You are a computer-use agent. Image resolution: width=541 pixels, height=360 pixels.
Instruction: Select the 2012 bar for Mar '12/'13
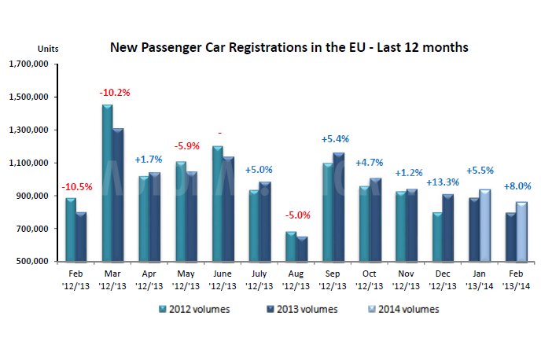click(x=106, y=183)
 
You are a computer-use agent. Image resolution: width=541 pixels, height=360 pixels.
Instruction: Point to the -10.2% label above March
click(x=114, y=93)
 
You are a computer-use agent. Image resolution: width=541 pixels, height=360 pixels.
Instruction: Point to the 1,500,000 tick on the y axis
click(x=28, y=97)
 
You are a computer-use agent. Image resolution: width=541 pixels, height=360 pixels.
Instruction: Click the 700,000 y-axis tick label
click(x=32, y=229)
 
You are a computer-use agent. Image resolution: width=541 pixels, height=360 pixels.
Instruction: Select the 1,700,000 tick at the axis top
click(x=28, y=64)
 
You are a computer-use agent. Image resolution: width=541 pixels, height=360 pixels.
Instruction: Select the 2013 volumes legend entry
click(x=298, y=309)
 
